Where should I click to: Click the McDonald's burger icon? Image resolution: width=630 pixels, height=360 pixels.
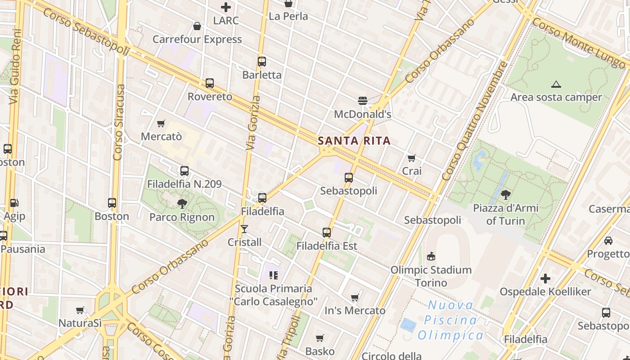click(363, 100)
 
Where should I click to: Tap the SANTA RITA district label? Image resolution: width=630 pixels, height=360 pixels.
click(354, 141)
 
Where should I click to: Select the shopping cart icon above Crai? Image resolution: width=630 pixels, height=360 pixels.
click(411, 158)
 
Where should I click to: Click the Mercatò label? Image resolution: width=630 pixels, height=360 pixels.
click(161, 136)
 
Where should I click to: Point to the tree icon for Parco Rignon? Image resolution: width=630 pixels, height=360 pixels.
click(182, 204)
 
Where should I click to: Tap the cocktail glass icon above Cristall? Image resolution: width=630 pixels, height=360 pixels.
click(244, 229)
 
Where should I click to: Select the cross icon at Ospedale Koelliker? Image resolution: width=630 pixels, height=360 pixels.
click(545, 279)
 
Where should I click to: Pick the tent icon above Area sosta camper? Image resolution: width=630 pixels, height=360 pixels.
click(556, 84)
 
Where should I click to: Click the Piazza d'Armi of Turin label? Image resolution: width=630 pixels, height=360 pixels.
click(505, 214)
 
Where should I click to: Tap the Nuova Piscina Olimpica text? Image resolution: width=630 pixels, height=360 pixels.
click(450, 320)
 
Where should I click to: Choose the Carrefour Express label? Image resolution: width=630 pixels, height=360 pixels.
click(197, 39)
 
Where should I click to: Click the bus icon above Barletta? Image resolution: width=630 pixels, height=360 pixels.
click(261, 62)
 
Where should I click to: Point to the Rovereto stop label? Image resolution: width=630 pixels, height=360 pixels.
click(210, 96)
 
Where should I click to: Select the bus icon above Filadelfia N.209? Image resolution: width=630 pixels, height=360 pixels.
click(184, 171)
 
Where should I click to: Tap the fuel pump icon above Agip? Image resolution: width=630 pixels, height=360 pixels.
click(14, 203)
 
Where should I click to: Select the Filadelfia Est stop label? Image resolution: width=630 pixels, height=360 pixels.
click(327, 246)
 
